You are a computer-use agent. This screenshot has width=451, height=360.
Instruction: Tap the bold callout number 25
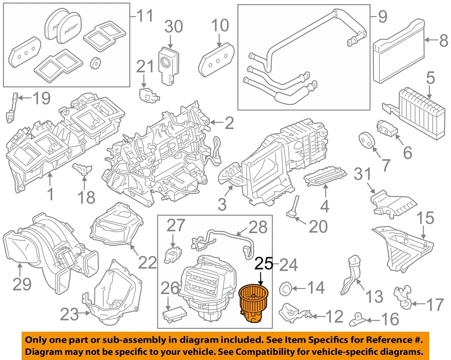click(263, 265)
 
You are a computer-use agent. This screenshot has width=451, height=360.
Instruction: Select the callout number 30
click(173, 28)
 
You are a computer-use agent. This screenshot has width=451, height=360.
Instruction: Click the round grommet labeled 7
click(366, 140)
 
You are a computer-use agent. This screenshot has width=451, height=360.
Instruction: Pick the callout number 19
click(42, 99)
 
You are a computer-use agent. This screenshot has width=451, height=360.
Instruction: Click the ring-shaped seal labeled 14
click(286, 288)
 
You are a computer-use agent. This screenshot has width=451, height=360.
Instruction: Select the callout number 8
click(443, 42)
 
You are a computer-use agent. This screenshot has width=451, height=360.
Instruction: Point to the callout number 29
click(22, 284)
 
